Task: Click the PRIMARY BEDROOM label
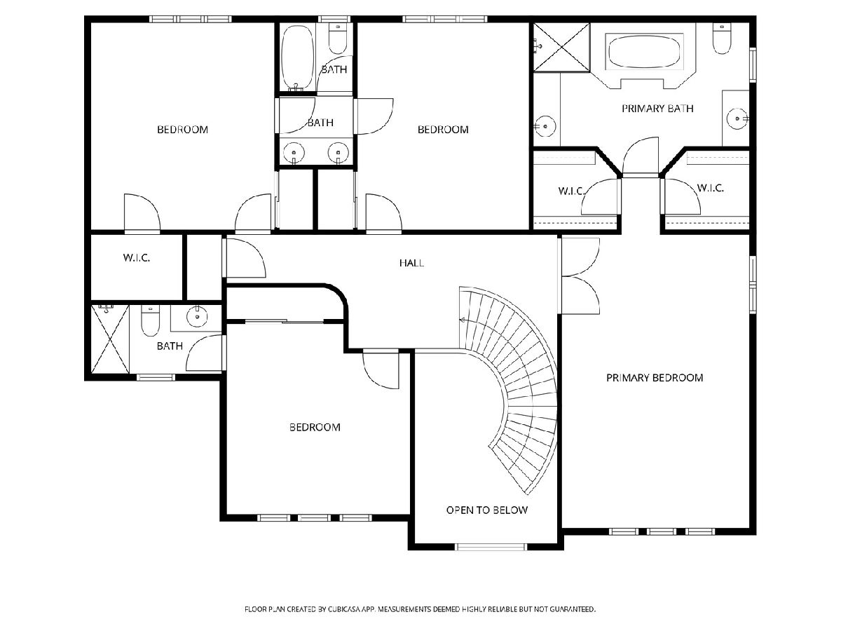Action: [x=655, y=378]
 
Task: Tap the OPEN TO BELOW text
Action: [x=487, y=510]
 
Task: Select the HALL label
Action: [x=411, y=263]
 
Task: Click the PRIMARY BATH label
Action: [x=657, y=109]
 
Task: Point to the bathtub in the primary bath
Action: [x=644, y=52]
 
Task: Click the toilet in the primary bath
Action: [x=722, y=39]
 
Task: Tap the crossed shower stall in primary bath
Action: [x=561, y=47]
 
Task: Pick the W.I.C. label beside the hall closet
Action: [x=137, y=258]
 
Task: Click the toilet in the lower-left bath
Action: [x=150, y=320]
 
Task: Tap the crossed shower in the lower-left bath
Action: [x=110, y=339]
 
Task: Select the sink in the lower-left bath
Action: [x=197, y=316]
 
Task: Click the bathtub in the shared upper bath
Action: [x=298, y=57]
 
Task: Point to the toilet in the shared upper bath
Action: [x=338, y=39]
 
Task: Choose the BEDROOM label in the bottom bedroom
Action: [x=315, y=427]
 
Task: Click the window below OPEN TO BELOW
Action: [x=491, y=547]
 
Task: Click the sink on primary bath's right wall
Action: [x=737, y=118]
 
